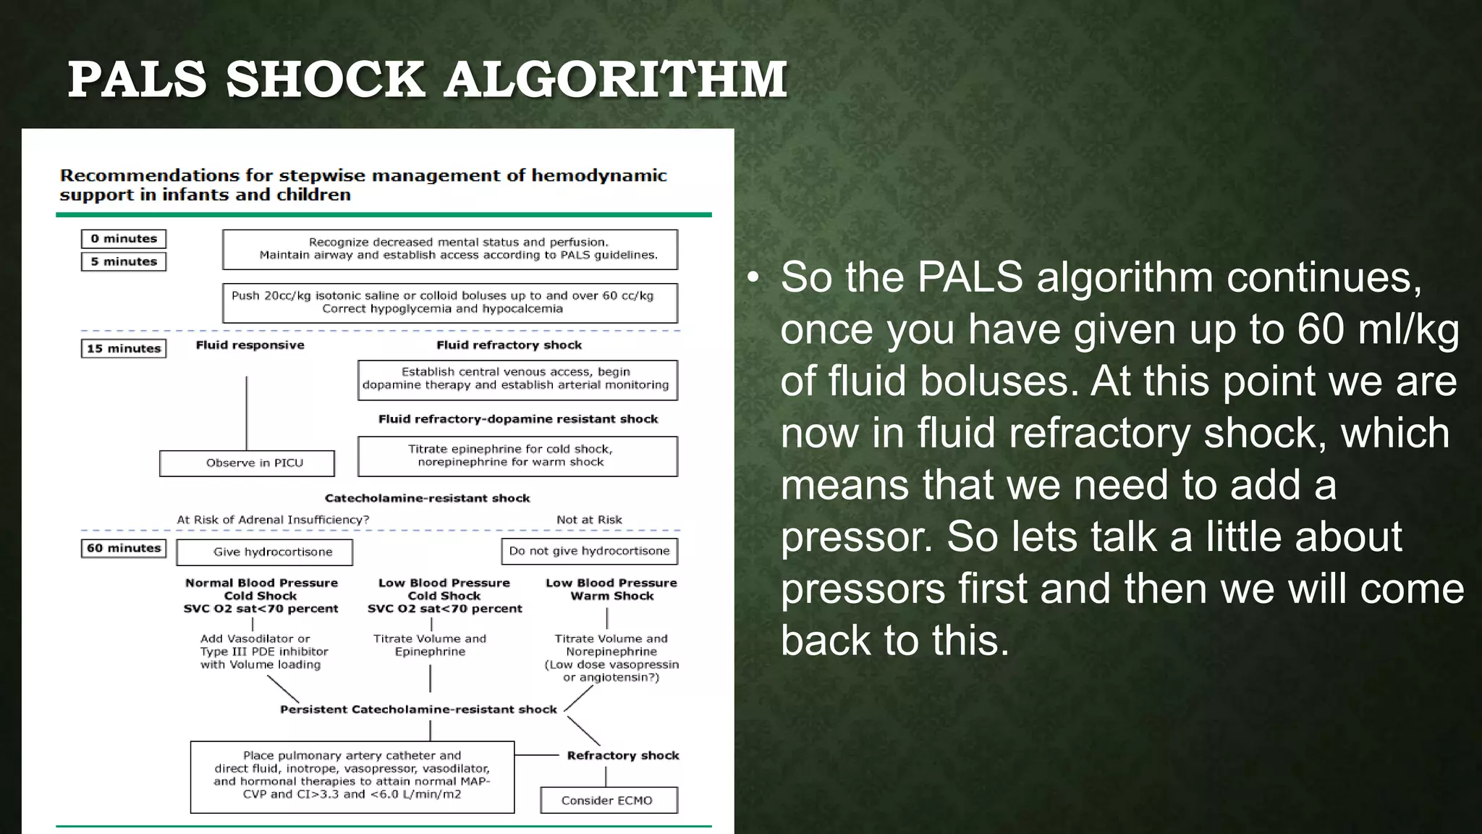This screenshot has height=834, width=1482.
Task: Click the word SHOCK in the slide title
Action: pyautogui.click(x=325, y=79)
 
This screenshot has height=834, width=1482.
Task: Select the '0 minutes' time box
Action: pyautogui.click(x=124, y=239)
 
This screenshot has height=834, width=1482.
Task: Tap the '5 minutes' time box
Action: pyautogui.click(x=124, y=261)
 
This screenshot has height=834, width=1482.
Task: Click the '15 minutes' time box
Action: pyautogui.click(x=124, y=348)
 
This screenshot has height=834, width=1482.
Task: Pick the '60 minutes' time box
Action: pyautogui.click(x=124, y=548)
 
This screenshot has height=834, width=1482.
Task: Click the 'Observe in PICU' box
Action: pyautogui.click(x=247, y=463)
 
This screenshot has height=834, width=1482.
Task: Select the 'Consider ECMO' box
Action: pyautogui.click(x=608, y=800)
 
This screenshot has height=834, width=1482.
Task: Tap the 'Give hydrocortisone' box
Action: pyautogui.click(x=265, y=552)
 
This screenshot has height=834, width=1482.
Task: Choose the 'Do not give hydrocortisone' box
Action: pyautogui.click(x=589, y=551)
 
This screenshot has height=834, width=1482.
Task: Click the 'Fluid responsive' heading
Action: pyautogui.click(x=250, y=345)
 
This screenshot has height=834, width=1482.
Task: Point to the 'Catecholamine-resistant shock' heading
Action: pyautogui.click(x=427, y=498)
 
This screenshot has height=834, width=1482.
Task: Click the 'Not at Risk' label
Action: pyautogui.click(x=589, y=520)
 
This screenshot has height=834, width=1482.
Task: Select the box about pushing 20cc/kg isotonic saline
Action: pyautogui.click(x=449, y=303)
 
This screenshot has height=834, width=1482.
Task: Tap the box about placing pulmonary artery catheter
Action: pyautogui.click(x=352, y=776)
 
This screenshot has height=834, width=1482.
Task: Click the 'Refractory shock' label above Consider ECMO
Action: pyautogui.click(x=622, y=755)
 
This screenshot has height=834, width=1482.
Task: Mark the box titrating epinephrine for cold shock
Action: pyautogui.click(x=517, y=456)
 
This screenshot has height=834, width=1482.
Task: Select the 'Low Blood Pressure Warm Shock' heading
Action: pyautogui.click(x=611, y=589)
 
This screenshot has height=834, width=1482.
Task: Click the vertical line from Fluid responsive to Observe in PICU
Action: pyautogui.click(x=247, y=413)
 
